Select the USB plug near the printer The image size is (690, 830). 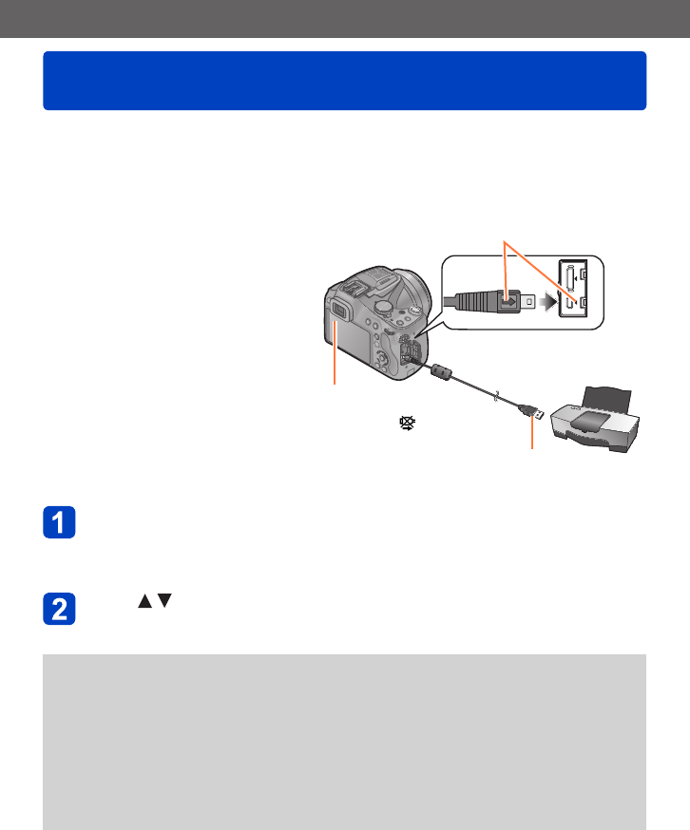pyautogui.click(x=529, y=411)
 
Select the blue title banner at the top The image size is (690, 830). pyautogui.click(x=344, y=80)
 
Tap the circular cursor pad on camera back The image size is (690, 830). pyautogui.click(x=377, y=359)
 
